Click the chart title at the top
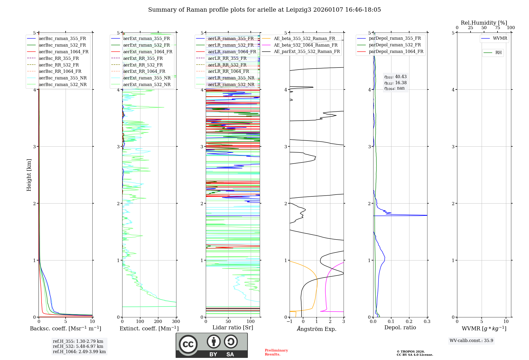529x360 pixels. point(264,10)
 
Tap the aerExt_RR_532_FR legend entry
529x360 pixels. point(143,65)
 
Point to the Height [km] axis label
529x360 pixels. point(29,175)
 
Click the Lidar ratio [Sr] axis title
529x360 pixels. point(233,327)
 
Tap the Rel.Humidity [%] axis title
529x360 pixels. point(484,23)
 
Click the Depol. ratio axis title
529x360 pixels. point(400,327)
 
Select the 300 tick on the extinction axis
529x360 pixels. point(176,321)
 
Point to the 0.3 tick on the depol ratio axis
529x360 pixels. point(427,321)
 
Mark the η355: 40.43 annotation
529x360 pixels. point(395,77)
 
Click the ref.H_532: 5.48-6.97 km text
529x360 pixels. point(78,346)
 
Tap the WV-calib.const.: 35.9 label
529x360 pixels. point(471,340)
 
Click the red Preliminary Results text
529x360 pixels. point(276,352)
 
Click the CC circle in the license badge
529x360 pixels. point(188,344)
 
